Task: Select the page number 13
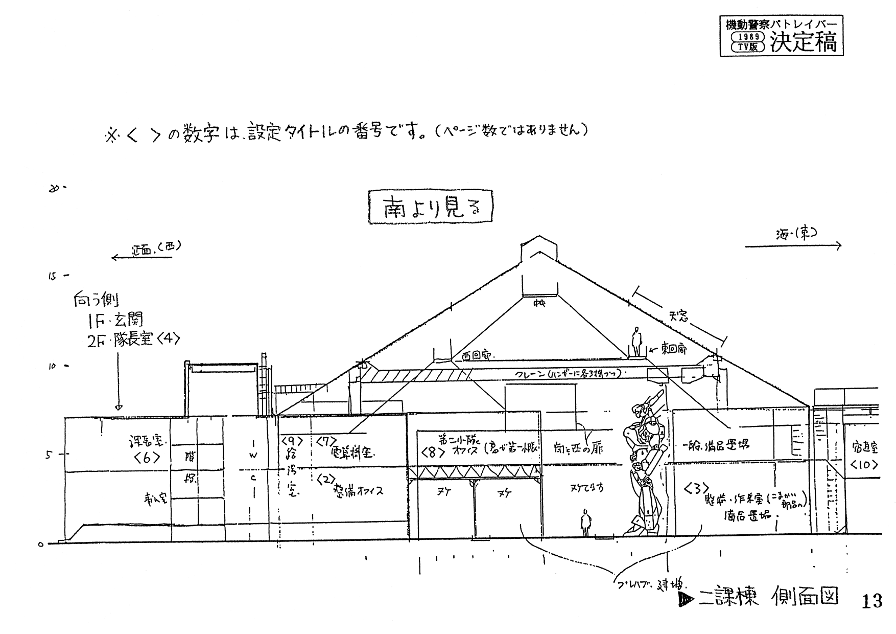tap(871, 601)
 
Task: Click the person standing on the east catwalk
tap(636, 342)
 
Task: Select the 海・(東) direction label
tap(796, 234)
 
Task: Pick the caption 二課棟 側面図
tap(762, 598)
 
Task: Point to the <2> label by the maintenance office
tap(325, 479)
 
